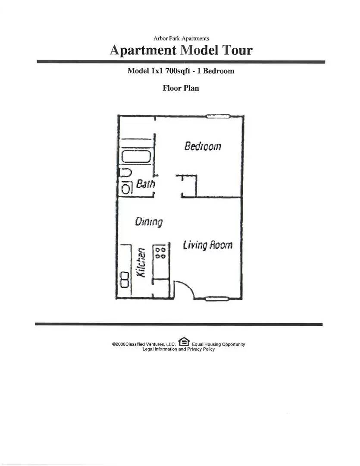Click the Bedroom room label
tap(203, 146)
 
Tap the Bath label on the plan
tap(146, 184)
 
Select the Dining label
tap(148, 222)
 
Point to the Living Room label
tap(207, 245)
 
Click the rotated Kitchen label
tap(141, 263)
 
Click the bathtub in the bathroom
tap(136, 157)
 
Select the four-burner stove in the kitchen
tap(161, 253)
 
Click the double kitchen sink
tap(125, 280)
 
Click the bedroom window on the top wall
tap(218, 116)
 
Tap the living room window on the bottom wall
tap(217, 299)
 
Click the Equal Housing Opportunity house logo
tap(184, 341)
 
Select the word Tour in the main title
tap(238, 50)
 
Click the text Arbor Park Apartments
tap(181, 38)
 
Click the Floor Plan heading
tap(181, 88)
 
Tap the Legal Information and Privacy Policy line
tap(178, 349)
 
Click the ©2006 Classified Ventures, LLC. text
tap(144, 344)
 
